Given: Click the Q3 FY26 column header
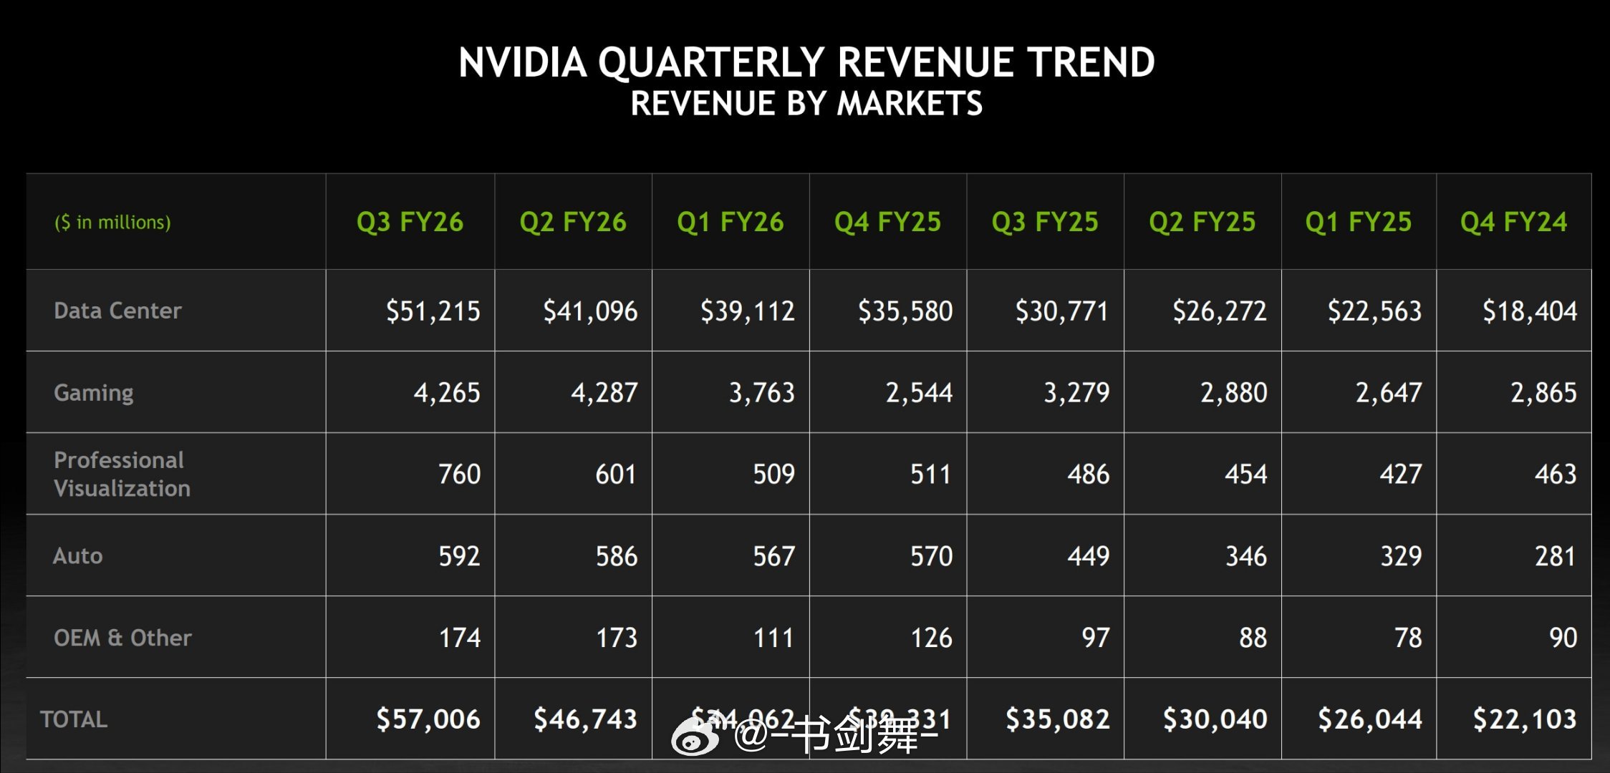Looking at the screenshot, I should [410, 222].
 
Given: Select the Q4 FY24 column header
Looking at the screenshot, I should [1513, 222].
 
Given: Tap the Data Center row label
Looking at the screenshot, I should [117, 311].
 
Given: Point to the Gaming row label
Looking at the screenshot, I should [94, 392].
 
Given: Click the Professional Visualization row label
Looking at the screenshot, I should [122, 474].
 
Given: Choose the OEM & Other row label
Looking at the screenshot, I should [122, 638].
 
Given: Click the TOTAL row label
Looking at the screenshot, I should [74, 719].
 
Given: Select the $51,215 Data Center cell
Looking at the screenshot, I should [433, 311].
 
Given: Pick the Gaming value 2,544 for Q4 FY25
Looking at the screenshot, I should [919, 393].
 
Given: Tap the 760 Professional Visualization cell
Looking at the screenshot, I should [459, 475].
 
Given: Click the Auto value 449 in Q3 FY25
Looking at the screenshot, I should [1088, 556].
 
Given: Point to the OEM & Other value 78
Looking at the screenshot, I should [1407, 638].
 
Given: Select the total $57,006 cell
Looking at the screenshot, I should [428, 719].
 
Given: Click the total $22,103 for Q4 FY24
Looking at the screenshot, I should [1524, 719].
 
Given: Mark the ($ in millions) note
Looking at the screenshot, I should [112, 223].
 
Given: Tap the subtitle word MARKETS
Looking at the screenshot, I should [910, 104].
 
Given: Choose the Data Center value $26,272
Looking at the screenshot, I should [1219, 311].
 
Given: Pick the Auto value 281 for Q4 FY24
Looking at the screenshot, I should [1555, 556].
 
